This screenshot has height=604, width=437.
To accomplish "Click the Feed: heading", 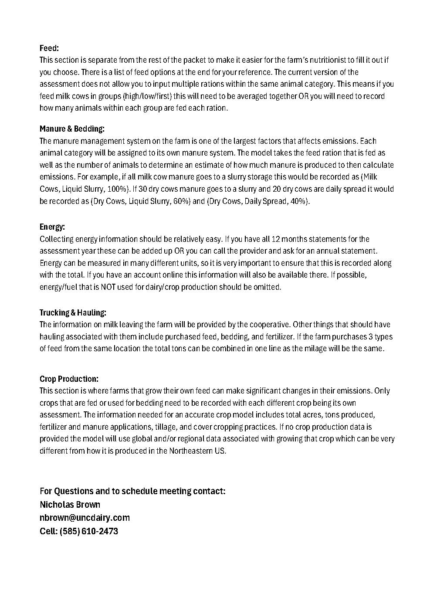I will point(49,48).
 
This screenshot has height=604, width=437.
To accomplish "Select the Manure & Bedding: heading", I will point(72,129).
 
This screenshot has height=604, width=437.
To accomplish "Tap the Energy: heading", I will point(52,227).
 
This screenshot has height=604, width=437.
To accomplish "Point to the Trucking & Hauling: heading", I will point(73,312).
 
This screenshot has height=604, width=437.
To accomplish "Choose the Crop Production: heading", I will point(69,379).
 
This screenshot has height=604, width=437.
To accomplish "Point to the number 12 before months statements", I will point(275,239).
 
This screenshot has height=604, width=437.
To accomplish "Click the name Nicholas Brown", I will point(70,505).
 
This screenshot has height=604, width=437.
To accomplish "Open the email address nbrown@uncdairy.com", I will point(85,518).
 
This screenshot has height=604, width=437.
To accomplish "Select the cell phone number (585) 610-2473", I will point(89,531).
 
